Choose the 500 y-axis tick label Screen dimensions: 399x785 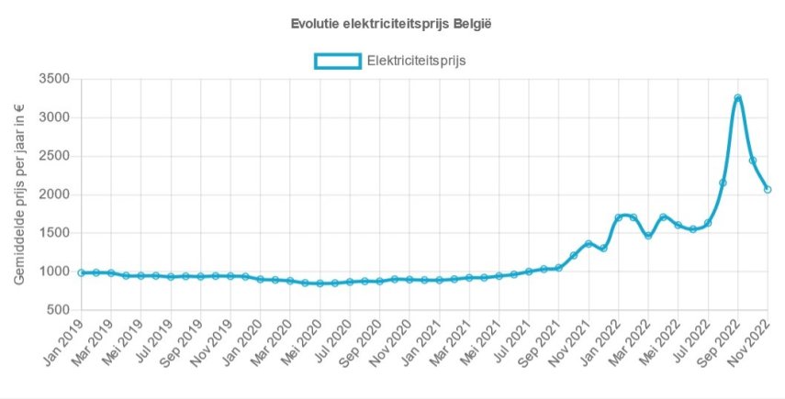pyautogui.click(x=61, y=310)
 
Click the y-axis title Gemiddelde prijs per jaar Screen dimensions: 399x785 pyautogui.click(x=20, y=194)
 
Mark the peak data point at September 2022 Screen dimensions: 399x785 pyautogui.click(x=737, y=98)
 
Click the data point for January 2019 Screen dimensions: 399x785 pyautogui.click(x=81, y=272)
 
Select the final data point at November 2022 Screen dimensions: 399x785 pyautogui.click(x=768, y=190)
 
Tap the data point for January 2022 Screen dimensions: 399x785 pyautogui.click(x=618, y=218)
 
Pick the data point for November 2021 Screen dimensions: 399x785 pyautogui.click(x=589, y=244)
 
